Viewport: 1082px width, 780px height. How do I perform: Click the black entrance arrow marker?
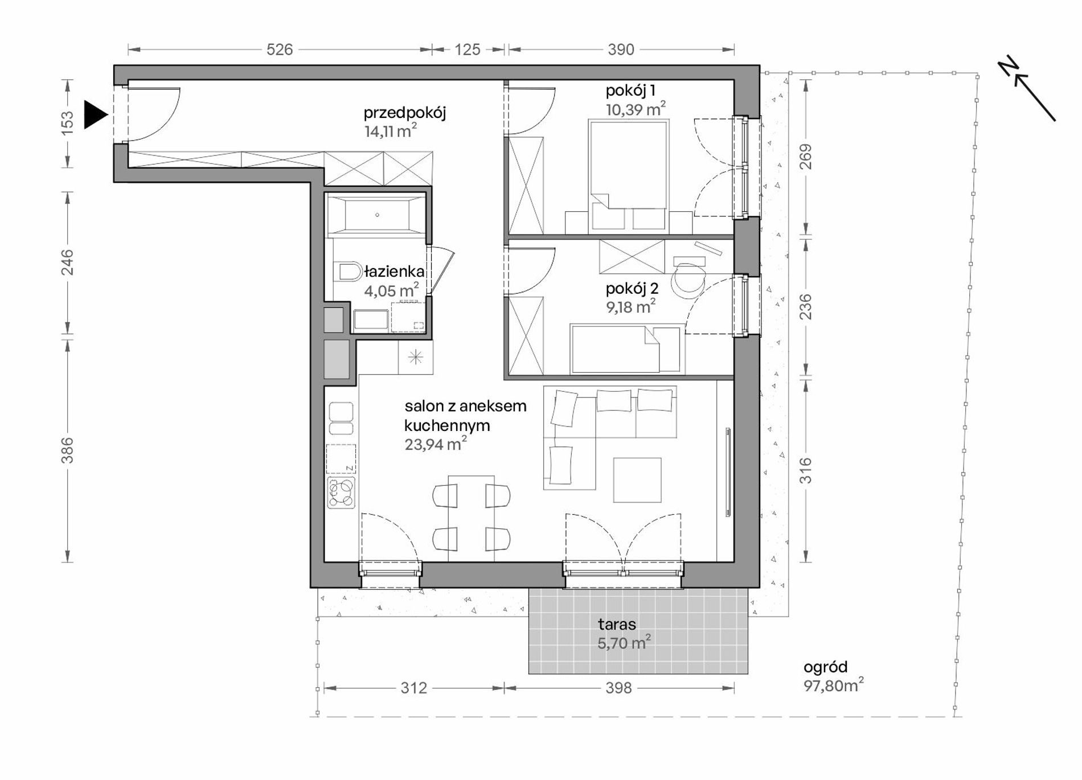tap(95, 115)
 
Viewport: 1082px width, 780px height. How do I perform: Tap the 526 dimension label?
tap(280, 50)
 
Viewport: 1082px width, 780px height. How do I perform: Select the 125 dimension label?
tap(468, 50)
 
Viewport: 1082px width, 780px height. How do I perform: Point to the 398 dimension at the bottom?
tap(618, 688)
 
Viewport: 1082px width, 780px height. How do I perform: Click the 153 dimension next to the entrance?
tap(67, 122)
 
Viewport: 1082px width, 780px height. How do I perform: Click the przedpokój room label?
tap(405, 113)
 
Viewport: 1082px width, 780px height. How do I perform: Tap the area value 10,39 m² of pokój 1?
tap(636, 109)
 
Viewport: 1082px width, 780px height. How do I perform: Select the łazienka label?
tap(395, 272)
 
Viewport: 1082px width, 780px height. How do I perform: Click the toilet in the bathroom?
tap(349, 272)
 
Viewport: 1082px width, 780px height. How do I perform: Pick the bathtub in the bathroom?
tap(376, 215)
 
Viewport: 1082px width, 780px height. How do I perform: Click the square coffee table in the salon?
tap(637, 480)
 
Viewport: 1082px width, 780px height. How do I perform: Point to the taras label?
tap(617, 625)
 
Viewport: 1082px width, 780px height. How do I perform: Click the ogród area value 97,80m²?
tap(834, 685)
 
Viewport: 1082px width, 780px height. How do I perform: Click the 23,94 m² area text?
tap(436, 444)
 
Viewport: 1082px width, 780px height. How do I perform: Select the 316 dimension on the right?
tap(806, 471)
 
